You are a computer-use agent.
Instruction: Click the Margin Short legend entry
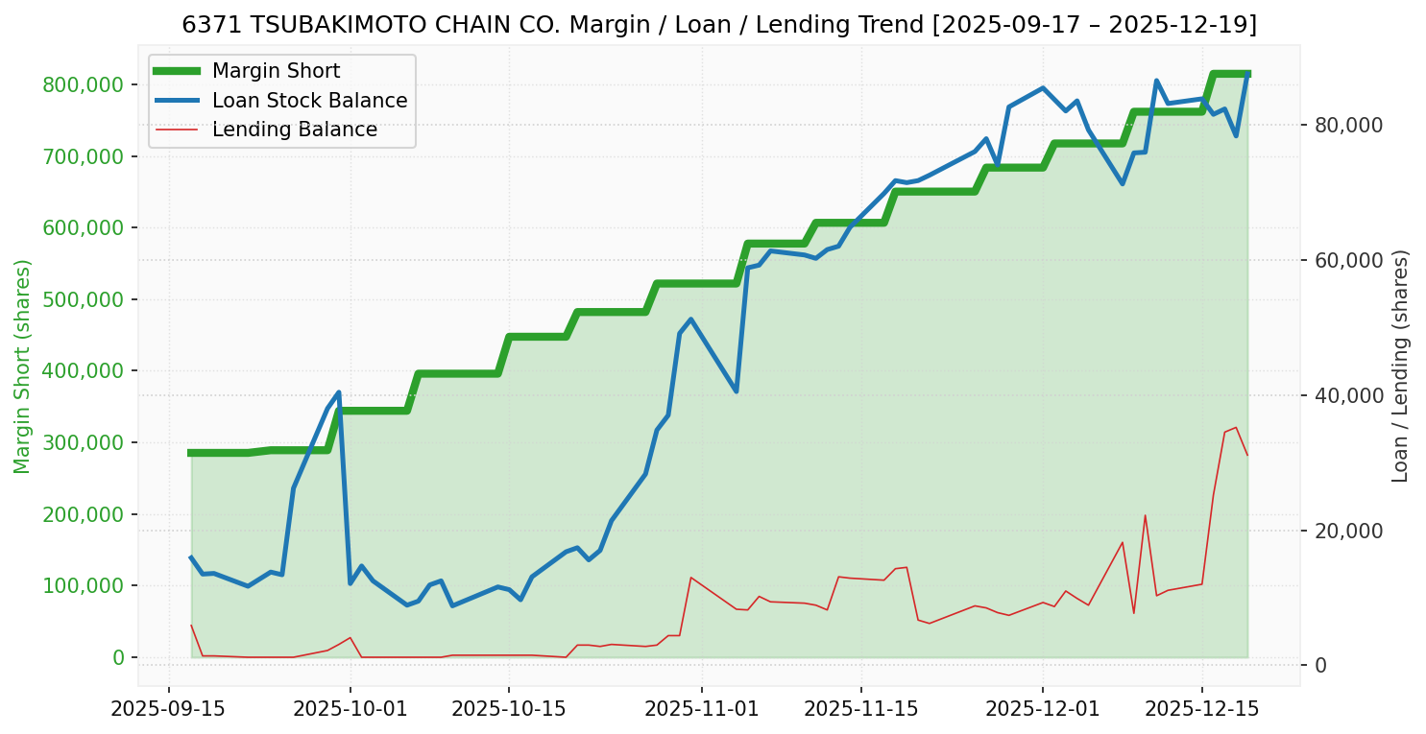point(276,71)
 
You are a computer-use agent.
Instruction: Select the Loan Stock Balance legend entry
point(309,101)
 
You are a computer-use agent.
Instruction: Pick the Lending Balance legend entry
point(294,130)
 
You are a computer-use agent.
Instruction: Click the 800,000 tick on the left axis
point(85,84)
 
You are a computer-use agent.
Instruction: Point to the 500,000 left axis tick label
point(85,299)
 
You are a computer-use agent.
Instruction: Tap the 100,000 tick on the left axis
point(85,585)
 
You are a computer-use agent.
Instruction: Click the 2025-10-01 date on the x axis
point(350,711)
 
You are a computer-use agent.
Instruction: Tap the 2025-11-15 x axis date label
point(860,711)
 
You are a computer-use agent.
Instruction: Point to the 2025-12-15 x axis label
point(1201,711)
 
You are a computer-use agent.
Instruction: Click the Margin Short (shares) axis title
point(22,366)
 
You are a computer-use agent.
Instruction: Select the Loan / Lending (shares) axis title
point(1401,366)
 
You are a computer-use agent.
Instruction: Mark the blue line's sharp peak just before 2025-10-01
point(338,392)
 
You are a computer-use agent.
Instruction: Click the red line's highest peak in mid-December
point(1236,428)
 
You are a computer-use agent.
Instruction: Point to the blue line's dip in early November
point(737,391)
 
